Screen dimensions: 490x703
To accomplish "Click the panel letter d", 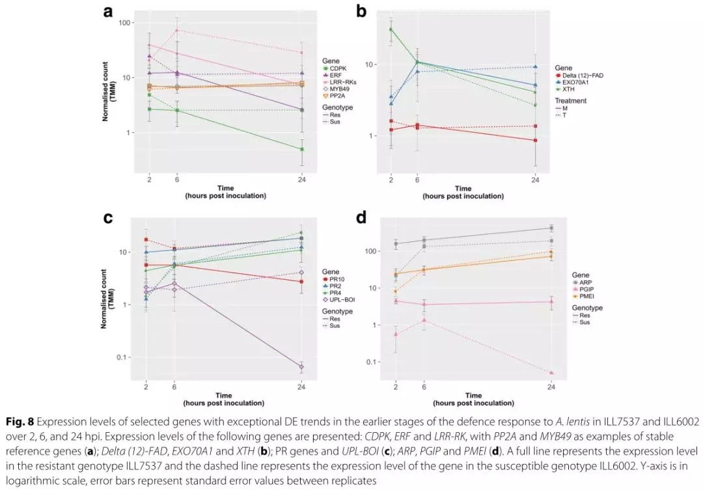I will [363, 217].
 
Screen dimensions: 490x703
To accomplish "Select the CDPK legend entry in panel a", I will [337, 68].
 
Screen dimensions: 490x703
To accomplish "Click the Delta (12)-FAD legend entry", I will [584, 75].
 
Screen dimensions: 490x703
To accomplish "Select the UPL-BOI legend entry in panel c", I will [343, 299].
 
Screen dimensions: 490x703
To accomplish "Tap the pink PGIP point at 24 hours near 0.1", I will [551, 373].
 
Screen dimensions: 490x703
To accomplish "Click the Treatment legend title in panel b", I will [571, 101].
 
